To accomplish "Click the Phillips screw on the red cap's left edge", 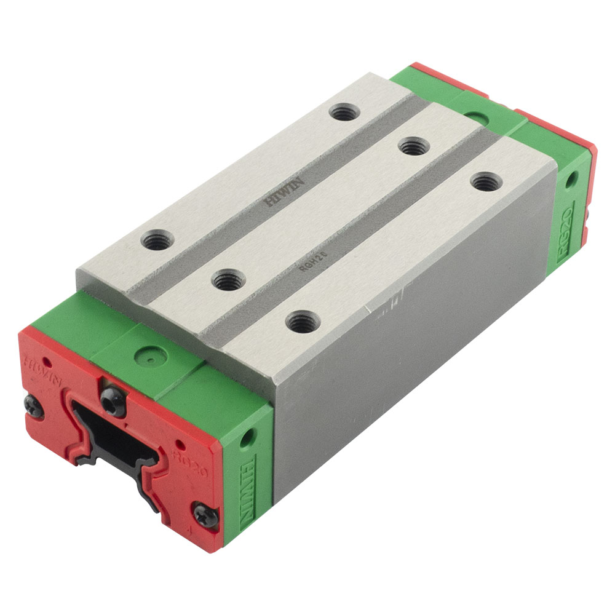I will pyautogui.click(x=31, y=404).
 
